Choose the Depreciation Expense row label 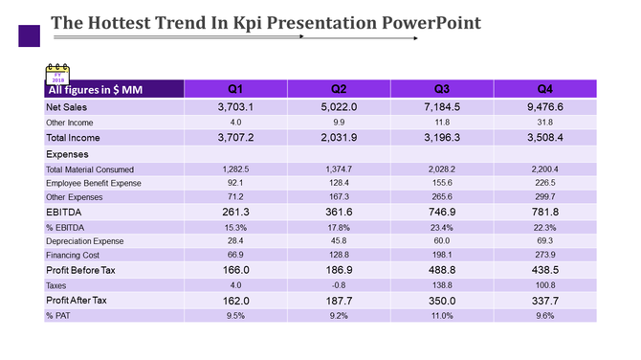coord(85,241)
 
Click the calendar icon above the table coord(58,73)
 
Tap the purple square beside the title coord(30,36)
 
